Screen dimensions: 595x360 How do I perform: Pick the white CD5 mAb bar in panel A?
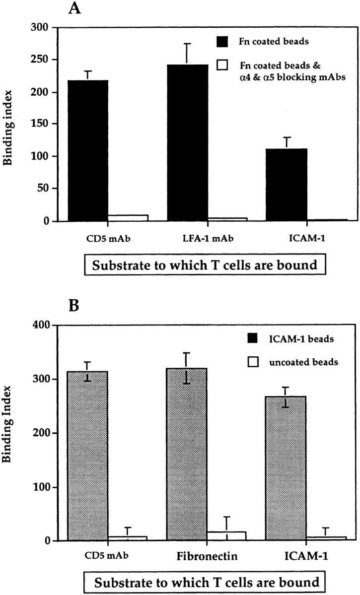[x=128, y=218]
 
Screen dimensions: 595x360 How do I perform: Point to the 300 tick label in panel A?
[x=43, y=28]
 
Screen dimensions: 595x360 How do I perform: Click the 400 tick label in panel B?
[x=44, y=325]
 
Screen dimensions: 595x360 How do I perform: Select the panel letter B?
[x=74, y=307]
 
